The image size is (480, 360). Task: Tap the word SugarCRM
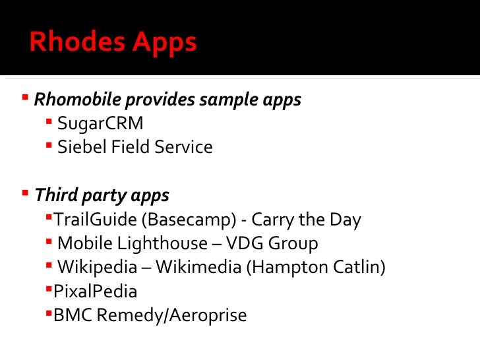pyautogui.click(x=100, y=123)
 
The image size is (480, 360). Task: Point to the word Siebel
pyautogui.click(x=76, y=146)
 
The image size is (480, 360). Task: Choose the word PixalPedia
pyautogui.click(x=96, y=291)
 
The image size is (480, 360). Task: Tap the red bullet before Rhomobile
pyautogui.click(x=24, y=98)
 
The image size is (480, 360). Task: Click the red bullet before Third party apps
pyautogui.click(x=24, y=193)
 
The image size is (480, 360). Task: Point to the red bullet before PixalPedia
pyautogui.click(x=49, y=289)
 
